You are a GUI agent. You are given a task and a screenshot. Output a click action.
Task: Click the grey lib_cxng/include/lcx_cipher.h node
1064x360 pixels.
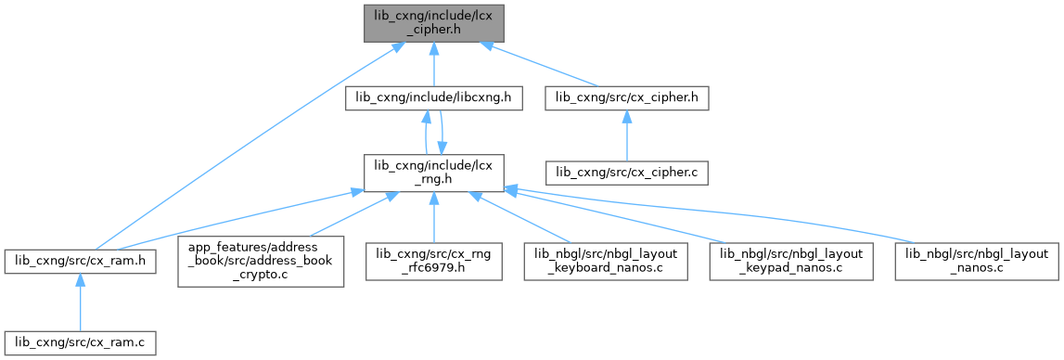pos(433,24)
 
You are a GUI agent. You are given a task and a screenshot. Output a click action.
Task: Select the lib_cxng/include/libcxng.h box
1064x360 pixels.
pos(433,99)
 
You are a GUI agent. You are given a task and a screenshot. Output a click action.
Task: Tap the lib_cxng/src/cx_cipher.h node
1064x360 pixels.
pos(626,99)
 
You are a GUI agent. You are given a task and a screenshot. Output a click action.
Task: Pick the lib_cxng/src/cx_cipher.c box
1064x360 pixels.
pos(626,174)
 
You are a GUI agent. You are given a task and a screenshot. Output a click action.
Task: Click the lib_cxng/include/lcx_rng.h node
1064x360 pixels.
pos(433,174)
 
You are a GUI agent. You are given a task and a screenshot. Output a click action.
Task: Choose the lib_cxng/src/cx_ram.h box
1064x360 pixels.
pos(80,262)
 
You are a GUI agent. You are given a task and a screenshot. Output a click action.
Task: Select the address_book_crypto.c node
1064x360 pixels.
pos(261,262)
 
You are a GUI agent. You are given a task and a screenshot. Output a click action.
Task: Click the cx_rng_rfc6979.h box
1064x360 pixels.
pos(433,262)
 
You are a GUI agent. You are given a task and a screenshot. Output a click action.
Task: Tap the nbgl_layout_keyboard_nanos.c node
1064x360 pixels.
pos(606,262)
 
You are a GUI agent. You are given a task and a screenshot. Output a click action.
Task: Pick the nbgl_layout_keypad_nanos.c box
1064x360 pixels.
pos(791,262)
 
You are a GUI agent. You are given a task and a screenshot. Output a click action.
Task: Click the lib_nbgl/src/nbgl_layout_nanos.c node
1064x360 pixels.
pos(977,262)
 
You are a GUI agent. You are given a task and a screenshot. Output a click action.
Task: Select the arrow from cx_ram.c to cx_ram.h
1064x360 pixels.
pos(80,302)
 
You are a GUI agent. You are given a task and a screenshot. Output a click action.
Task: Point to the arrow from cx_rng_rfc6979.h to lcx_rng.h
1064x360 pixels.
pos(433,217)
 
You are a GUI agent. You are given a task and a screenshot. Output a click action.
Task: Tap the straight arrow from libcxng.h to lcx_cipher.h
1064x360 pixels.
pos(433,65)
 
